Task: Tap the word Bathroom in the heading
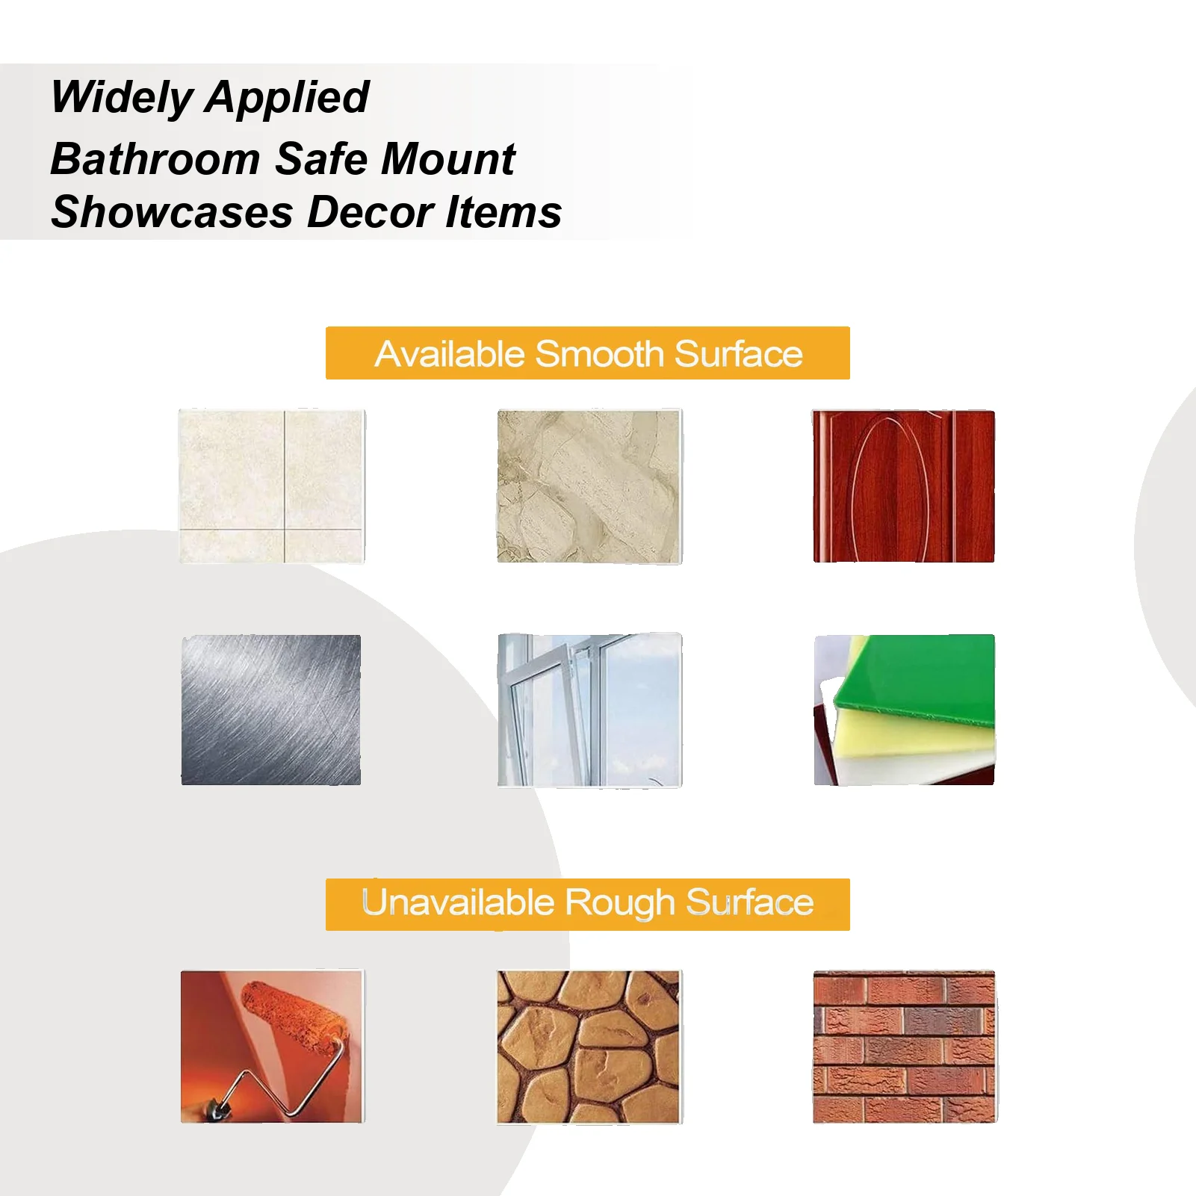[x=155, y=159]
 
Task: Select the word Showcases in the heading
[x=172, y=212]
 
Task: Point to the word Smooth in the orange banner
[x=599, y=354]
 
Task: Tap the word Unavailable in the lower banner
[x=457, y=903]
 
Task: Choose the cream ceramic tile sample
[x=272, y=486]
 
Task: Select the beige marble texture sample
[x=589, y=486]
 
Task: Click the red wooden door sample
[x=903, y=486]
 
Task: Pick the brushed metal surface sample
[x=271, y=710]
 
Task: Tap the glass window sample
[x=589, y=710]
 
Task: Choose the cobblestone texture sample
[x=589, y=1047]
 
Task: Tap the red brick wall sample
[x=904, y=1047]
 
